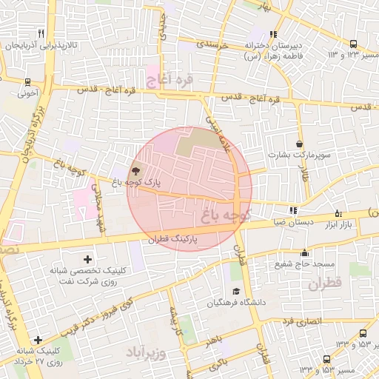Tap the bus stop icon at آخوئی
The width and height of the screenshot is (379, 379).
point(27,82)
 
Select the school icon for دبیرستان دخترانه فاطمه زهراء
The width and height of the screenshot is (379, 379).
point(273,33)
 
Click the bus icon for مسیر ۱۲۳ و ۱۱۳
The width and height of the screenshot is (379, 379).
point(353,44)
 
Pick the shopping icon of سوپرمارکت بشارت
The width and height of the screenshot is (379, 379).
point(299,144)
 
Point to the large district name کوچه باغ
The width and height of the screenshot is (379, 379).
point(225,215)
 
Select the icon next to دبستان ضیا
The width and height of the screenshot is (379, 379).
point(293,210)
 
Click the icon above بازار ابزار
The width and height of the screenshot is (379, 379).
point(338,212)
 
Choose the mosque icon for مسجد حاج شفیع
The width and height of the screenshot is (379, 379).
point(304,253)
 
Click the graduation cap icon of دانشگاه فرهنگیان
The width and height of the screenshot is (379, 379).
point(235,290)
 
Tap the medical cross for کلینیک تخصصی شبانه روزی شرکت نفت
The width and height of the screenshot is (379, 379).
point(88,259)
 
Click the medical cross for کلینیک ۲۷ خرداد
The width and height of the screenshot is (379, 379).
point(38,340)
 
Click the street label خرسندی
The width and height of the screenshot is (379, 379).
point(212,44)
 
